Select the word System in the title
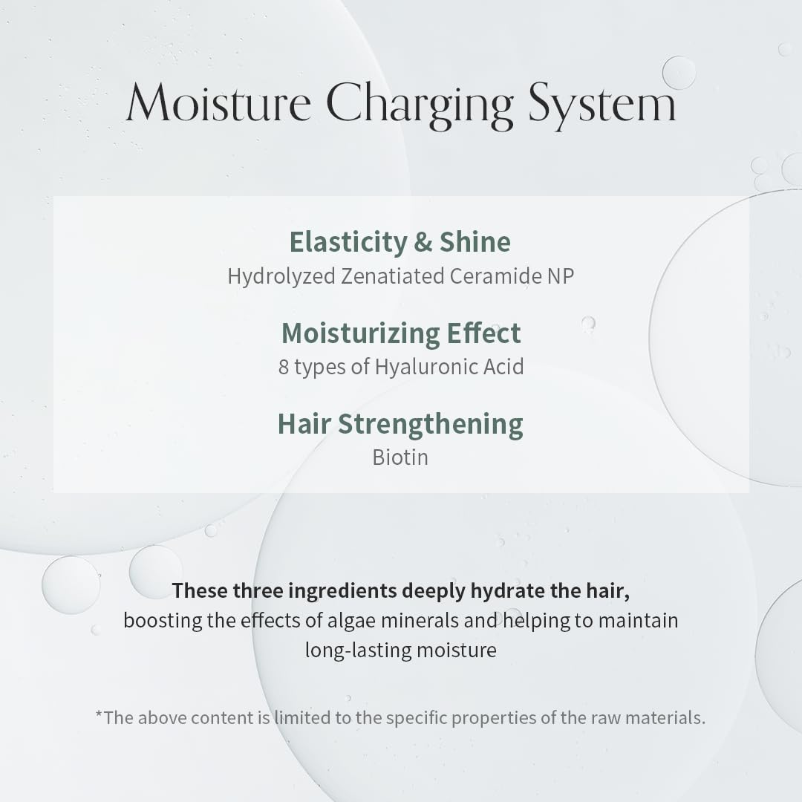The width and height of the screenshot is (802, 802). tap(602, 106)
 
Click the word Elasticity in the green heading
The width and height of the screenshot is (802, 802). tap(348, 242)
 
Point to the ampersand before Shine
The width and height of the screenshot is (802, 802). tap(423, 242)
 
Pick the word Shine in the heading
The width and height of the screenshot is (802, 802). tap(475, 241)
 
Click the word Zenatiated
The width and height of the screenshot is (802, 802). tap(393, 276)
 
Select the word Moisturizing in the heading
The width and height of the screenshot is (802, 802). tap(361, 334)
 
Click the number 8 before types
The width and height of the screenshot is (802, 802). tap(284, 367)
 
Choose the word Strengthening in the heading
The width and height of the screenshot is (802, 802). tap(430, 425)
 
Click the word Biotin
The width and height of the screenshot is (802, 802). tap(400, 457)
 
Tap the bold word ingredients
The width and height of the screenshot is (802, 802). tap(342, 591)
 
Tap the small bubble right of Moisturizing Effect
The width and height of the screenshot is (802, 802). tap(588, 323)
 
